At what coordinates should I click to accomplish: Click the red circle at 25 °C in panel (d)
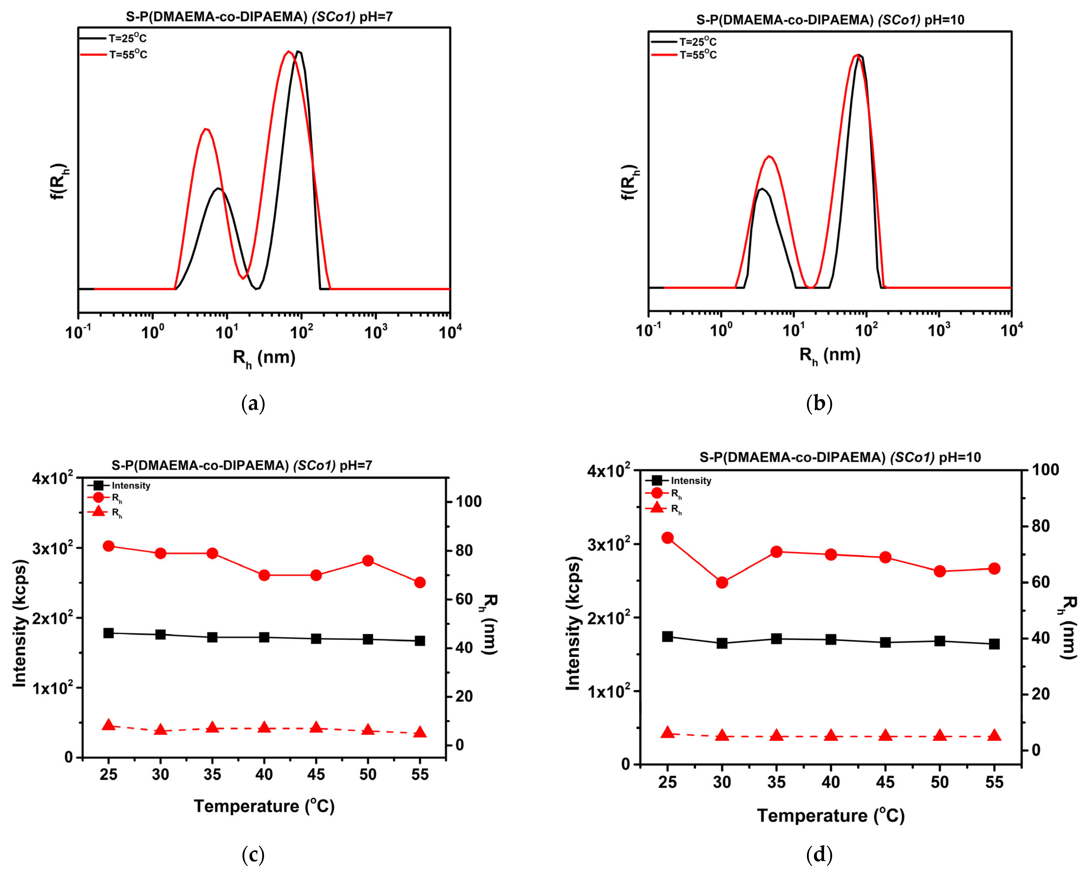[668, 538]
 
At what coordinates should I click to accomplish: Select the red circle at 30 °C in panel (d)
[722, 582]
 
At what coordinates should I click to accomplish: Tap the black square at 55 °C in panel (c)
[420, 641]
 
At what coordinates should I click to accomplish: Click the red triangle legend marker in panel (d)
[657, 508]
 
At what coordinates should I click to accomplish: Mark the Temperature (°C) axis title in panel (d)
[831, 815]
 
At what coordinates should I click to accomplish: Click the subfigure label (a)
[253, 404]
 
